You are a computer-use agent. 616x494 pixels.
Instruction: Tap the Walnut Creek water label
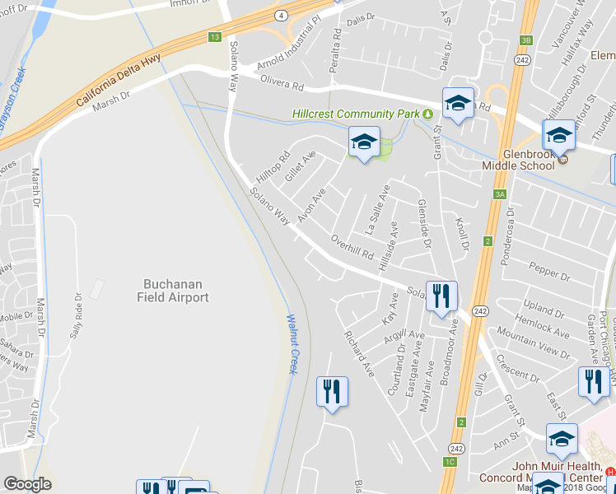point(292,344)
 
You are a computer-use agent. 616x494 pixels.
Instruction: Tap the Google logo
point(27,484)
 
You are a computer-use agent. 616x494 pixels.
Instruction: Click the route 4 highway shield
point(282,15)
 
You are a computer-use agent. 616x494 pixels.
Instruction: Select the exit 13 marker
point(215,37)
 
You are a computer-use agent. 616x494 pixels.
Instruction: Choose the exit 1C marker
point(450,461)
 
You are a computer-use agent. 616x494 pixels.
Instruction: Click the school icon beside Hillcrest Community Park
point(363,143)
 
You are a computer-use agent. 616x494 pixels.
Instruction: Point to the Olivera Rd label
point(282,82)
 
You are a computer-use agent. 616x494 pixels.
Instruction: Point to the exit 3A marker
point(499,194)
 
